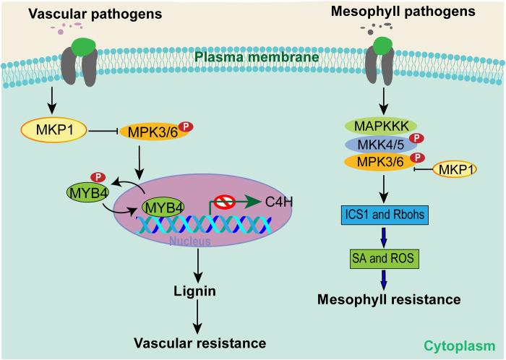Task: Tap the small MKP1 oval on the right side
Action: pos(460,189)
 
